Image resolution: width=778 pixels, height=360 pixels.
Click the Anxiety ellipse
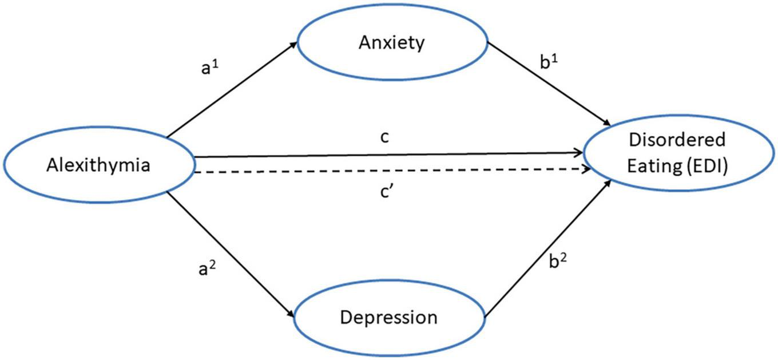coord(391,42)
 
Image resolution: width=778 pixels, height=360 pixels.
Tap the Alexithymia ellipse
coord(99,165)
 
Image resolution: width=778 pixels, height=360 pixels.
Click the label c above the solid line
coord(385,138)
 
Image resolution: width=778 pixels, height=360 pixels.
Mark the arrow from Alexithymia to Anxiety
coord(232,90)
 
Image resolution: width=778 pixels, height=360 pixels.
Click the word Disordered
coord(677,140)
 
